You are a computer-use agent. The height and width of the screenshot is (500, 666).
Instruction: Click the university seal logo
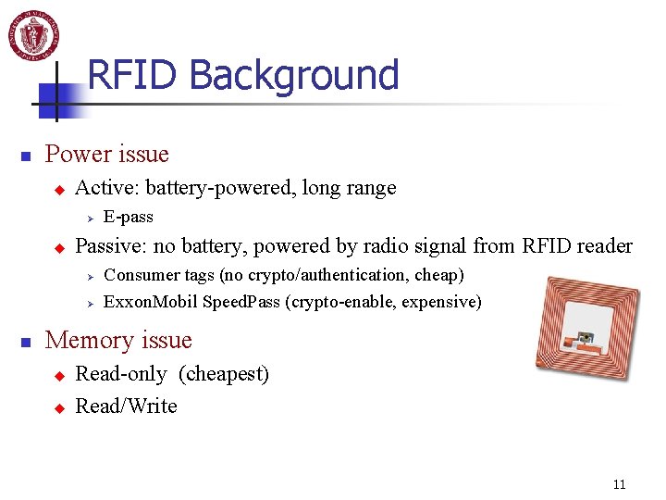(34, 34)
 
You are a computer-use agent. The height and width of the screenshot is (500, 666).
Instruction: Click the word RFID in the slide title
(133, 75)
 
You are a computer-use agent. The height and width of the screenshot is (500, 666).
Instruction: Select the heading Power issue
(106, 154)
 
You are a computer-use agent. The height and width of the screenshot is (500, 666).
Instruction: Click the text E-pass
(128, 217)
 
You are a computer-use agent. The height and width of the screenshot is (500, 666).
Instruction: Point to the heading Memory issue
(118, 340)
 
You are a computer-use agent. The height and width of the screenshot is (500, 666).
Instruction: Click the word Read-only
(120, 374)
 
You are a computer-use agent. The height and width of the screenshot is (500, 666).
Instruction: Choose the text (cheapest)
(224, 374)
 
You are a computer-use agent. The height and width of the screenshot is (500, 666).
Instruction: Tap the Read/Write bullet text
(126, 406)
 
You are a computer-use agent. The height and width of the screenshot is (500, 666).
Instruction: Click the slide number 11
(619, 484)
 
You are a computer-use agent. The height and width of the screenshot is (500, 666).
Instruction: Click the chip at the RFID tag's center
(585, 339)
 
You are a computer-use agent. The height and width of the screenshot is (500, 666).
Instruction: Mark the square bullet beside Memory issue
(27, 342)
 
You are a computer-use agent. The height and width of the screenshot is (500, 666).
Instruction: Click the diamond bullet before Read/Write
(57, 407)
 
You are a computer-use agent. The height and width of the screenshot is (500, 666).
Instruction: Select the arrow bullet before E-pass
(91, 218)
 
